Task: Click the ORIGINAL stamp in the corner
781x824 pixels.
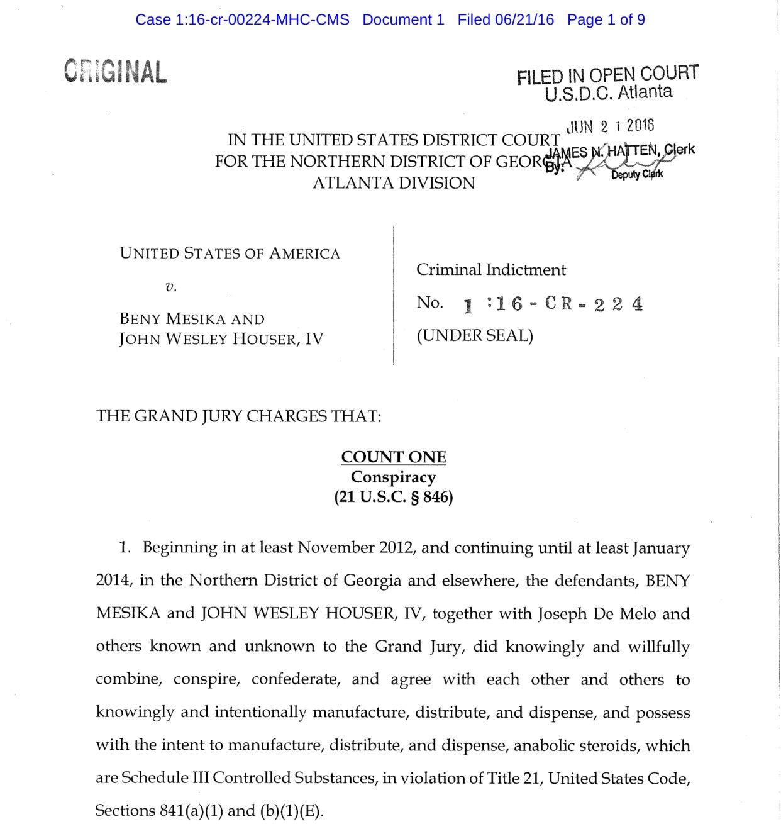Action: click(x=115, y=72)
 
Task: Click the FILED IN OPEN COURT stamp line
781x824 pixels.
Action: click(x=607, y=75)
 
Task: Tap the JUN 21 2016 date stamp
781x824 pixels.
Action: click(x=610, y=126)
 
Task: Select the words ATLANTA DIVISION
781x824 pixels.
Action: click(x=394, y=183)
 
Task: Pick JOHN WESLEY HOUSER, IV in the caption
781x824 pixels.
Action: click(x=221, y=339)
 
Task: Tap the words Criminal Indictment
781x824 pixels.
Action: click(x=490, y=270)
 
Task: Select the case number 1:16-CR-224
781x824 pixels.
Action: click(x=553, y=304)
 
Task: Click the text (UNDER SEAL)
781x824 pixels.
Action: click(x=474, y=335)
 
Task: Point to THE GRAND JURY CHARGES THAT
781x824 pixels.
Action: click(x=238, y=416)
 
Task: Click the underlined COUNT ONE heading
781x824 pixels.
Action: click(x=394, y=457)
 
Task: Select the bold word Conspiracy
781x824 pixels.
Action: click(x=394, y=477)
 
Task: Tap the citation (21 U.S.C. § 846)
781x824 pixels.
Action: click(x=394, y=497)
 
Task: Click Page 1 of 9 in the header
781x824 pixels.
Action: click(x=606, y=19)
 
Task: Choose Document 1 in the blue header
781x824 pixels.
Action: click(x=403, y=19)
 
